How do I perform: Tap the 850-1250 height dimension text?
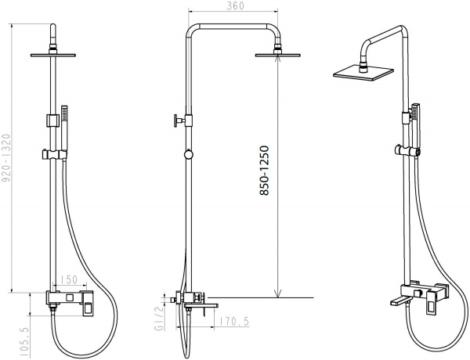(x=267, y=170)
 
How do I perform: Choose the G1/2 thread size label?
(x=158, y=319)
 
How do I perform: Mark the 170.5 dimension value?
(x=234, y=320)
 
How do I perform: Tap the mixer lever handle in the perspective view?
(x=432, y=306)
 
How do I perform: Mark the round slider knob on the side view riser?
(x=187, y=153)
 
